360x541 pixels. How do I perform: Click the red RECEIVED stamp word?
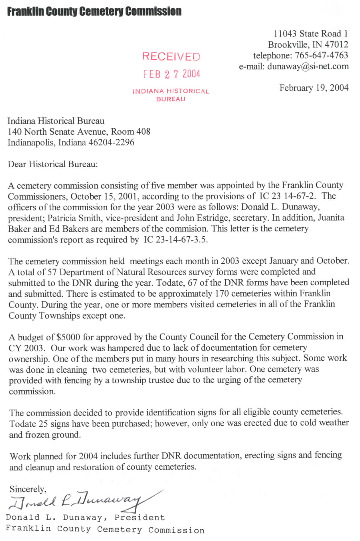coord(171,56)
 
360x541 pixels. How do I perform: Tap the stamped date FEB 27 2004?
coord(172,74)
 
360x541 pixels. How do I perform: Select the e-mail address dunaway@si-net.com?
coord(308,66)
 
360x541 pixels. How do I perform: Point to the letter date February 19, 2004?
coord(314,88)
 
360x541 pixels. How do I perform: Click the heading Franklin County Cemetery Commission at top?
coord(94,12)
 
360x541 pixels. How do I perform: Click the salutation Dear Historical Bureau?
coord(53,164)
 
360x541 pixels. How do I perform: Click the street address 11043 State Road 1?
coord(311,34)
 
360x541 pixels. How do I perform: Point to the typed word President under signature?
coord(139,518)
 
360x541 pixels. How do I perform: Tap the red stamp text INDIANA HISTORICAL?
coord(171,92)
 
